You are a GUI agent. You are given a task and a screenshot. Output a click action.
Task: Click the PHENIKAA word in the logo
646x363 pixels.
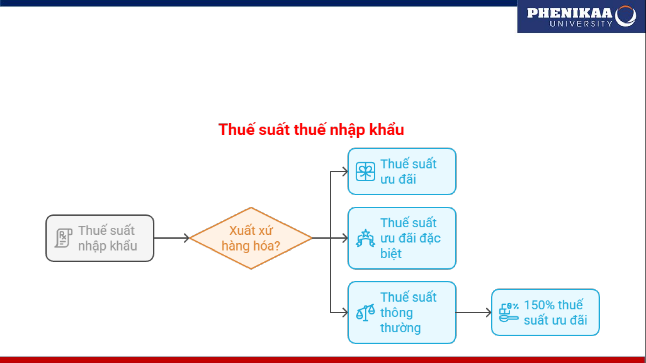click(x=569, y=13)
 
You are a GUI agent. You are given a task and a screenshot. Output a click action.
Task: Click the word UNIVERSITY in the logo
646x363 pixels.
click(x=581, y=24)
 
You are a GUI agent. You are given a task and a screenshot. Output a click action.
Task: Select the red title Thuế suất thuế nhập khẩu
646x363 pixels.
click(x=311, y=130)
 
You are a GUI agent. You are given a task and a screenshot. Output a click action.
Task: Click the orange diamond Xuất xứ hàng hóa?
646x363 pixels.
click(x=251, y=238)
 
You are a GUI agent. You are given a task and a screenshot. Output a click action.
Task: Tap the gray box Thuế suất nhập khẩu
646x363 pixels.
click(x=100, y=238)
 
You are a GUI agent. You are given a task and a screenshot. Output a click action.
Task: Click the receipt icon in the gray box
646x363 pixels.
click(x=63, y=238)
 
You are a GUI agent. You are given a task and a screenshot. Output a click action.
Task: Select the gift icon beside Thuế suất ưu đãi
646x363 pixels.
click(x=365, y=172)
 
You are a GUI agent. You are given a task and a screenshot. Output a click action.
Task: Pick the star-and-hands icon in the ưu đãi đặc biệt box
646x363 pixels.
click(x=365, y=238)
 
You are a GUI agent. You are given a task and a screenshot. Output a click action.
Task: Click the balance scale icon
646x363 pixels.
click(x=365, y=313)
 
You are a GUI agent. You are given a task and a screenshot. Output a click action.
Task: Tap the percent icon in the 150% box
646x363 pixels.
click(x=508, y=312)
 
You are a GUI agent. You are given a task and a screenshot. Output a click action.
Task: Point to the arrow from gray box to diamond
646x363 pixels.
click(x=172, y=238)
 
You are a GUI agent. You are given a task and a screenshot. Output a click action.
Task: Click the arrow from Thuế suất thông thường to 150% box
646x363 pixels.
click(x=473, y=313)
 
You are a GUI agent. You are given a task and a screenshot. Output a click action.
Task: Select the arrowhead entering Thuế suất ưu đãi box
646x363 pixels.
click(x=344, y=172)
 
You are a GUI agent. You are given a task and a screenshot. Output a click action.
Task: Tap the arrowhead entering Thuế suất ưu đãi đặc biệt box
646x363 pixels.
click(x=344, y=238)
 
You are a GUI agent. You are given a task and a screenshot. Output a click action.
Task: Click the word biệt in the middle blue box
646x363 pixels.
click(x=391, y=254)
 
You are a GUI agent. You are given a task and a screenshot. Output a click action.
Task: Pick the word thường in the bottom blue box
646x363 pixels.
click(x=401, y=328)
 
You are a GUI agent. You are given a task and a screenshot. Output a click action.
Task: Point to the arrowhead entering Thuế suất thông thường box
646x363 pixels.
click(x=344, y=313)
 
